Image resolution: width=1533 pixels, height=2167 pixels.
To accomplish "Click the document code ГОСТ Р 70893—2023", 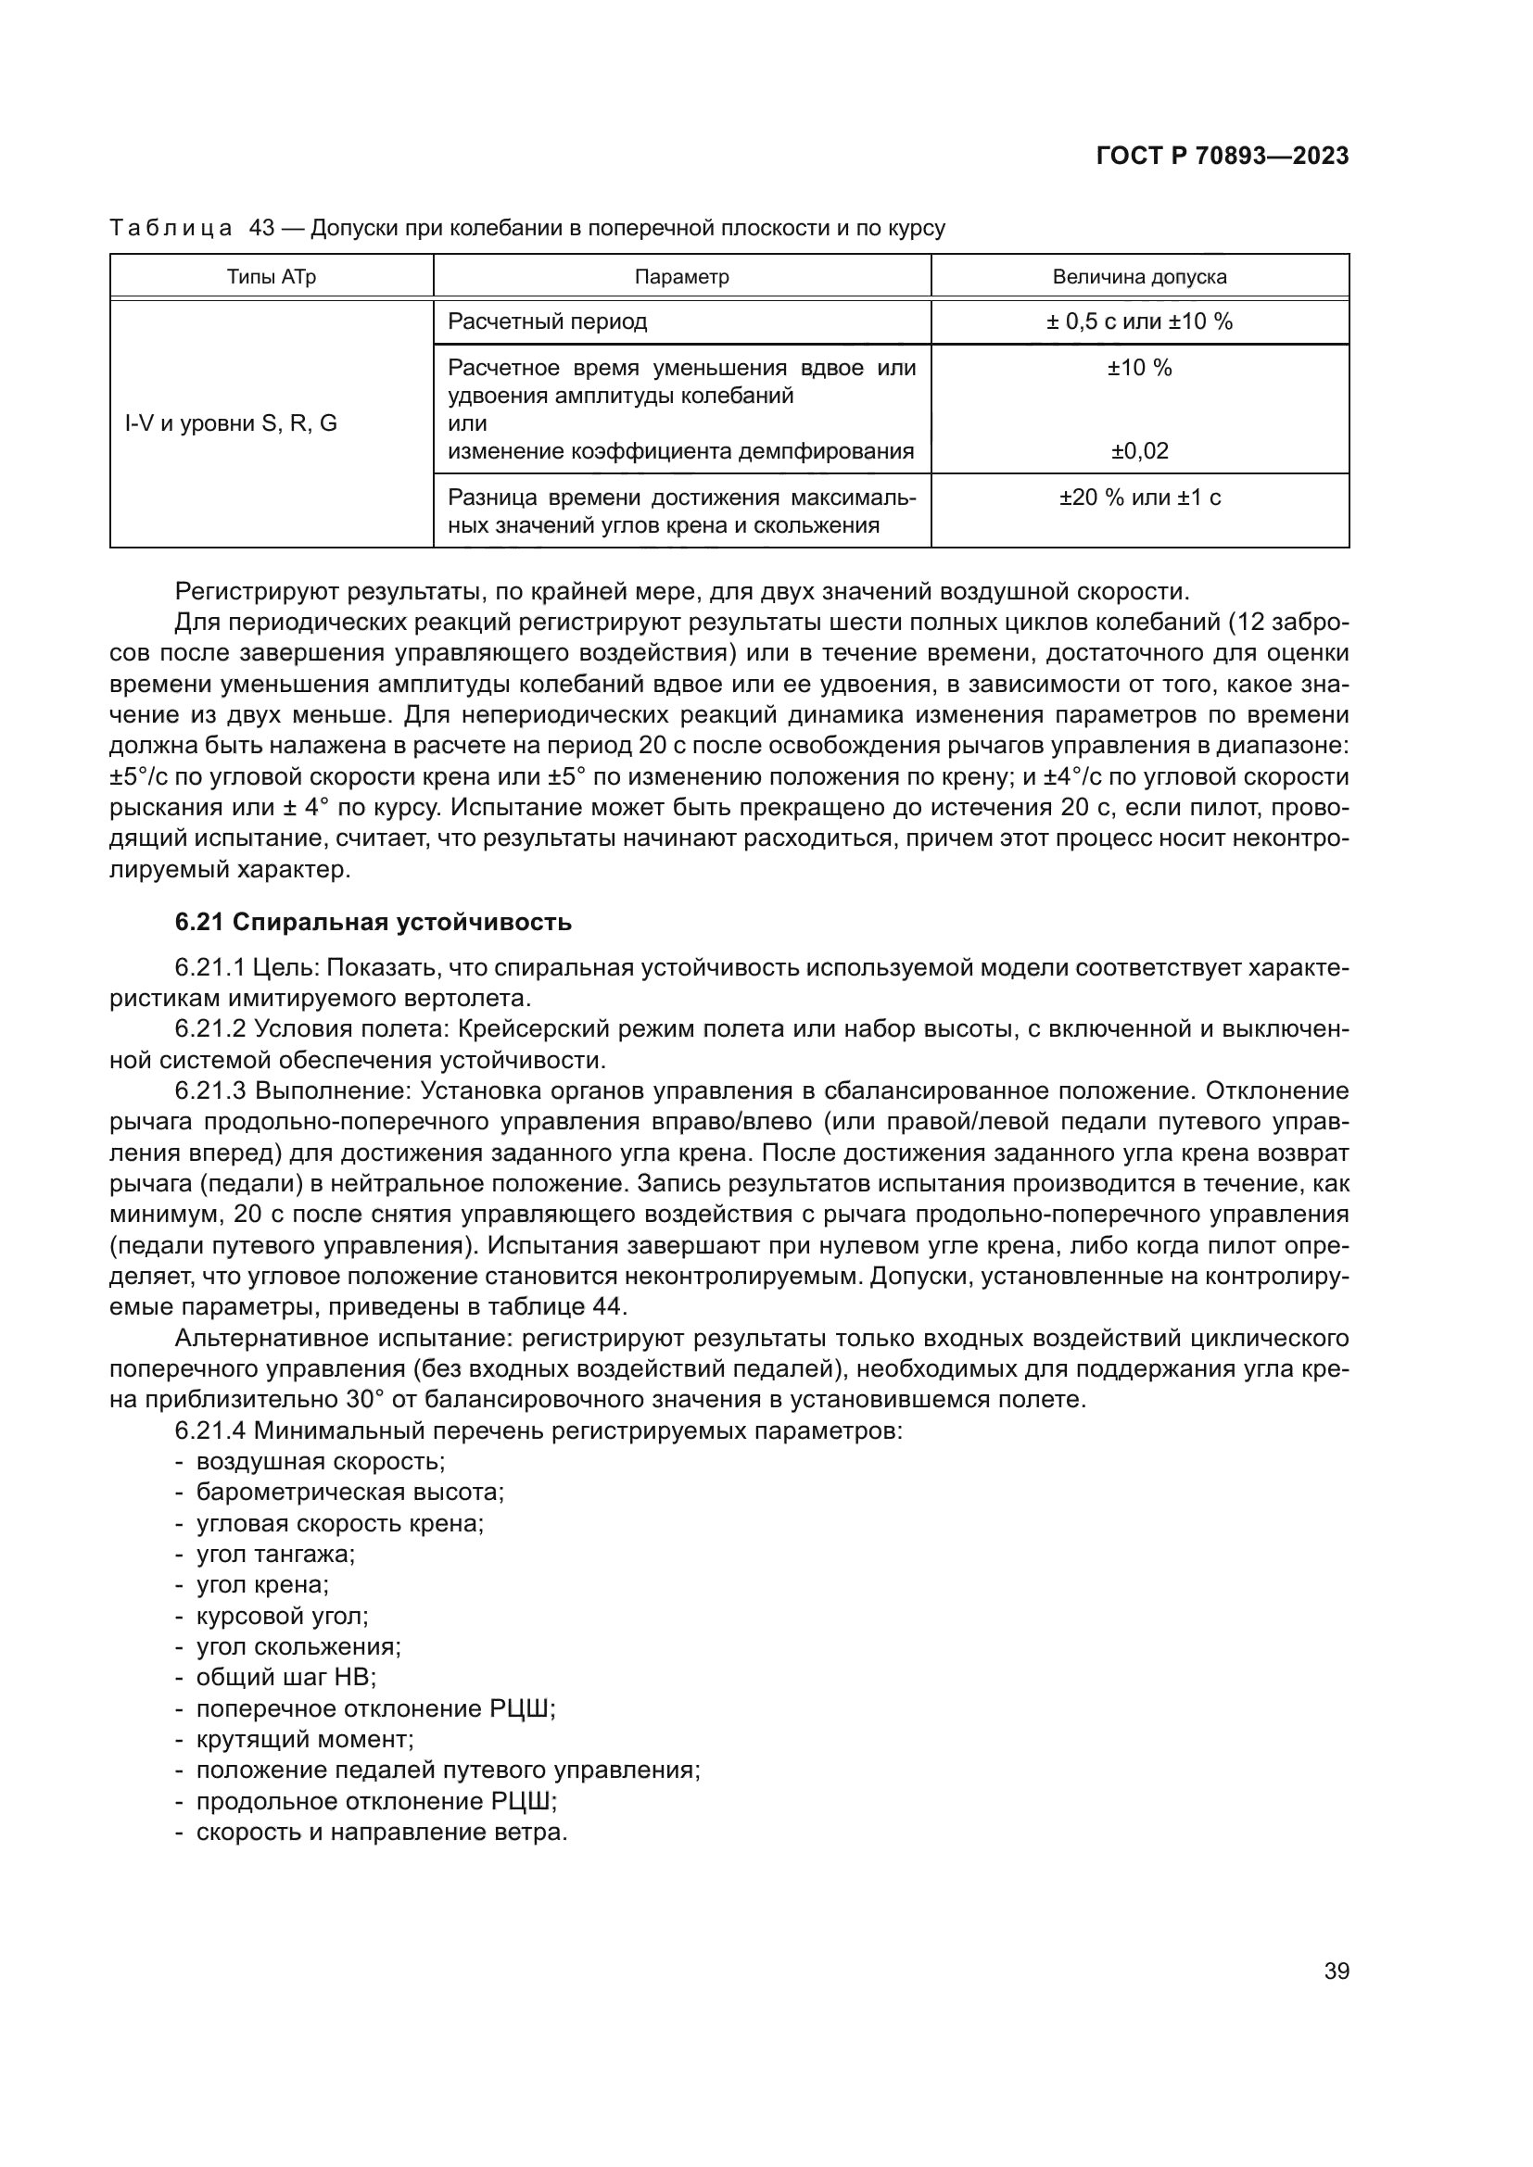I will click(x=1222, y=157).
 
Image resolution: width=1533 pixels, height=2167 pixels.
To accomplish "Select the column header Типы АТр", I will click(x=271, y=276).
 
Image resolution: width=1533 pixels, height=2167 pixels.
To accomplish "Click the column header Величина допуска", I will click(x=1139, y=276).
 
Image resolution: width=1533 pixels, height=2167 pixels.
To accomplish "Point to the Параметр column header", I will click(x=681, y=276).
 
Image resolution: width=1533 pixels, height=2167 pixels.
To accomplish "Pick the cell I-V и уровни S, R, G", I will click(x=232, y=422).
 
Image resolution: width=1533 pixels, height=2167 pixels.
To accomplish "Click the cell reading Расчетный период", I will click(x=548, y=321).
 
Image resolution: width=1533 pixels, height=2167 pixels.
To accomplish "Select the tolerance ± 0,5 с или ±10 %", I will click(x=1139, y=321).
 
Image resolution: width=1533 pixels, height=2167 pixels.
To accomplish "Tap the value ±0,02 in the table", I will click(x=1139, y=451).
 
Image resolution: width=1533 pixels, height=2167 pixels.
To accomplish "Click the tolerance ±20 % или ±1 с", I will click(x=1139, y=498).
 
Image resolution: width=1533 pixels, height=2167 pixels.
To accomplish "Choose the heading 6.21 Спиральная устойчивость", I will click(x=373, y=922).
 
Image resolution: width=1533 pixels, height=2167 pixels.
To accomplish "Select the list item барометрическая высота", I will click(x=349, y=1493).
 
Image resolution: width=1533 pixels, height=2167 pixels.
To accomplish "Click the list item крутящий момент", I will click(x=305, y=1738).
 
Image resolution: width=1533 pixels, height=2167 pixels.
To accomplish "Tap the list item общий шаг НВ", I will click(x=286, y=1677).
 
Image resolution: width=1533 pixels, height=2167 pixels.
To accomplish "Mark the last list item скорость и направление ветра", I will click(x=381, y=1832).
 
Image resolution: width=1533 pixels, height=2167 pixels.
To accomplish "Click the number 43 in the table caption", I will click(x=261, y=229).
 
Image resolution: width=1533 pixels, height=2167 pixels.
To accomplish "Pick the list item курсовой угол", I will click(x=283, y=1616).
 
